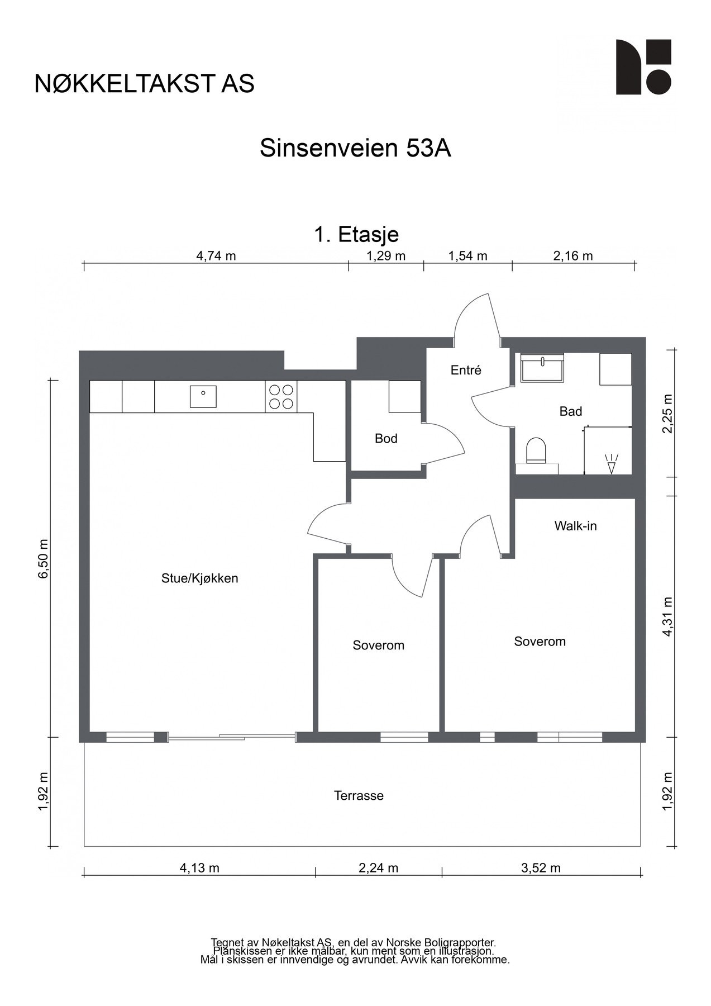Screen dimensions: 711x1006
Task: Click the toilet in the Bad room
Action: pos(536,450)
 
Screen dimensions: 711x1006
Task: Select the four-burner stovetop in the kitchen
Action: pos(281,396)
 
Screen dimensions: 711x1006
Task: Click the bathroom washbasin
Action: pos(542,368)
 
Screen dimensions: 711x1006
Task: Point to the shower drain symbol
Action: pos(611,464)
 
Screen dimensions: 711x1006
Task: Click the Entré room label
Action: pos(466,370)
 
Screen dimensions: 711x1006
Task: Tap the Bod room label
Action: pos(386,439)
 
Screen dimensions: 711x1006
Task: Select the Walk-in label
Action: pos(575,526)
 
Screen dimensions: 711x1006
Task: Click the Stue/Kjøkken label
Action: pos(200,578)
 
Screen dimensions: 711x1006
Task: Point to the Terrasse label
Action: pos(359,796)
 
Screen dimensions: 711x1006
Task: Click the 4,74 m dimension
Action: pos(216,256)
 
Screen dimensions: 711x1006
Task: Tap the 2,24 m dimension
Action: pos(378,868)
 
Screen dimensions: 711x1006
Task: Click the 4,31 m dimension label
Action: pos(667,616)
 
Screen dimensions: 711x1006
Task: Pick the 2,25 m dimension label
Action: pos(667,414)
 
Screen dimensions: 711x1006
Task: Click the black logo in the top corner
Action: pos(643,67)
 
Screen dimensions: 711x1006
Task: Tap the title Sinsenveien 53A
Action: pos(355,149)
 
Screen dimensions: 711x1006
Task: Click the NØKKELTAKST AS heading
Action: pos(144,83)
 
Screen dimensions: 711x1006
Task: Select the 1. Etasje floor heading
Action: pos(356,234)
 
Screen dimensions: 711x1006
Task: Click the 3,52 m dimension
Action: pos(541,868)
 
